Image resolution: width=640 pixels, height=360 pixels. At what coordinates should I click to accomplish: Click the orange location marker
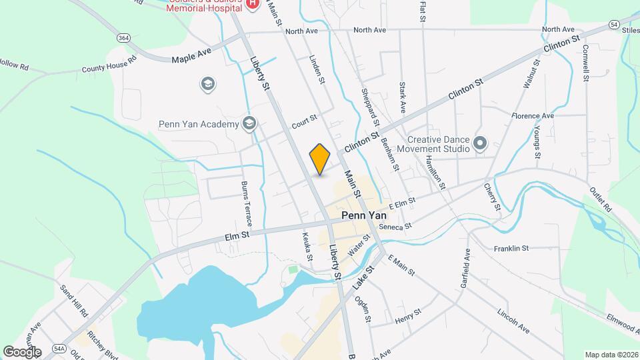[x=320, y=159]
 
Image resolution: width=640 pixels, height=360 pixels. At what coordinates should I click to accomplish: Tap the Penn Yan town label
[x=365, y=216]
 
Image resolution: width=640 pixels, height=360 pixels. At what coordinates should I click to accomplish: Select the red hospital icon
[x=253, y=5]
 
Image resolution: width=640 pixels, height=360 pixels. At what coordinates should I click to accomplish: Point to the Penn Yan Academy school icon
[x=249, y=123]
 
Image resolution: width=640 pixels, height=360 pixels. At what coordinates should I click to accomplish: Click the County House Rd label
[x=109, y=64]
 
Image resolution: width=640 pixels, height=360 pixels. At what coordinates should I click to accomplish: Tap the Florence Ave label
[x=533, y=115]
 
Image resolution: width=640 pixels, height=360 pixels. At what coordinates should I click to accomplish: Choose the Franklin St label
[x=511, y=248]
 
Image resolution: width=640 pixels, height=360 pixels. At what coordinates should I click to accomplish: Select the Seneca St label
[x=395, y=227]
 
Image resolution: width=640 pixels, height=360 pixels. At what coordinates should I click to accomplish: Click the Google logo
[x=22, y=351]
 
